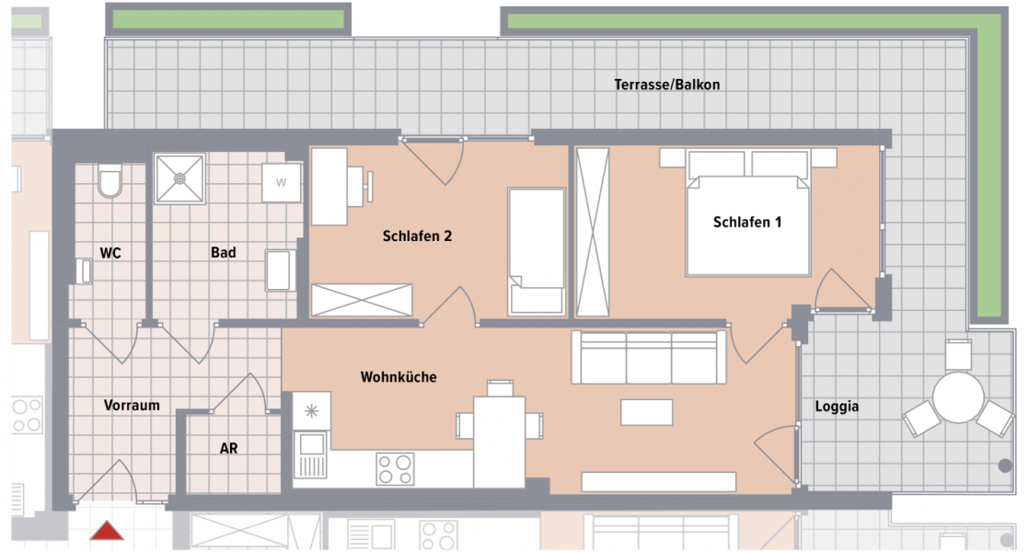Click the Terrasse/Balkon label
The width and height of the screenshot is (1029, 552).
[x=666, y=85]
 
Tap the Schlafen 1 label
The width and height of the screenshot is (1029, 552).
[x=747, y=223]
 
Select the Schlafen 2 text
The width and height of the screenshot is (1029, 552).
[x=417, y=236]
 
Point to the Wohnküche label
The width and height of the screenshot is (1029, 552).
[x=398, y=377]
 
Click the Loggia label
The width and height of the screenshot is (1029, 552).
[x=837, y=406]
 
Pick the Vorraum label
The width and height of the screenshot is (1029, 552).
[x=132, y=405]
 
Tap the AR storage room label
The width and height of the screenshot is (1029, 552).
[x=228, y=449]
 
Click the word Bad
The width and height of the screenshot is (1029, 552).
[x=223, y=252]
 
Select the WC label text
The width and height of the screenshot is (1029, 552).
[x=111, y=252]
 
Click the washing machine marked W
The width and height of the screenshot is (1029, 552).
[x=282, y=182]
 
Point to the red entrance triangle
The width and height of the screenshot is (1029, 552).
[x=107, y=531]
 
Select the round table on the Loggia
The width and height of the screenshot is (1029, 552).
[x=958, y=397]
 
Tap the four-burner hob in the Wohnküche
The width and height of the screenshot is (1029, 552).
[x=395, y=468]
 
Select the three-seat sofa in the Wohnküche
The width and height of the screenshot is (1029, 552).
[x=648, y=357]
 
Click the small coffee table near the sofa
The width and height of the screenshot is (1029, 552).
[x=646, y=411]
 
